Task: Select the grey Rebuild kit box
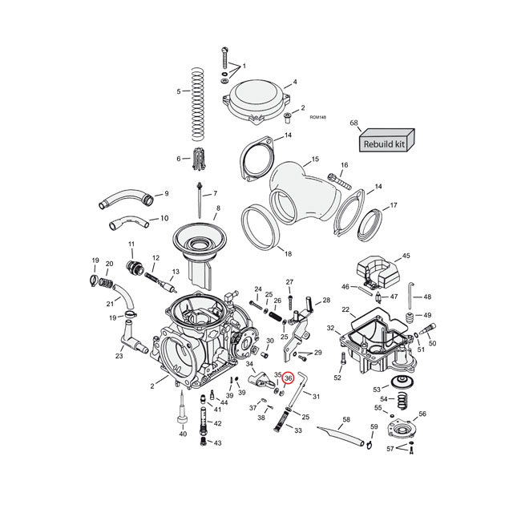(386, 143)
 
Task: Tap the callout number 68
(353, 123)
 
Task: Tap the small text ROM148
(317, 118)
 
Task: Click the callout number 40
(182, 434)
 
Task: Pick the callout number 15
(315, 160)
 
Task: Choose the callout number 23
(119, 356)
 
